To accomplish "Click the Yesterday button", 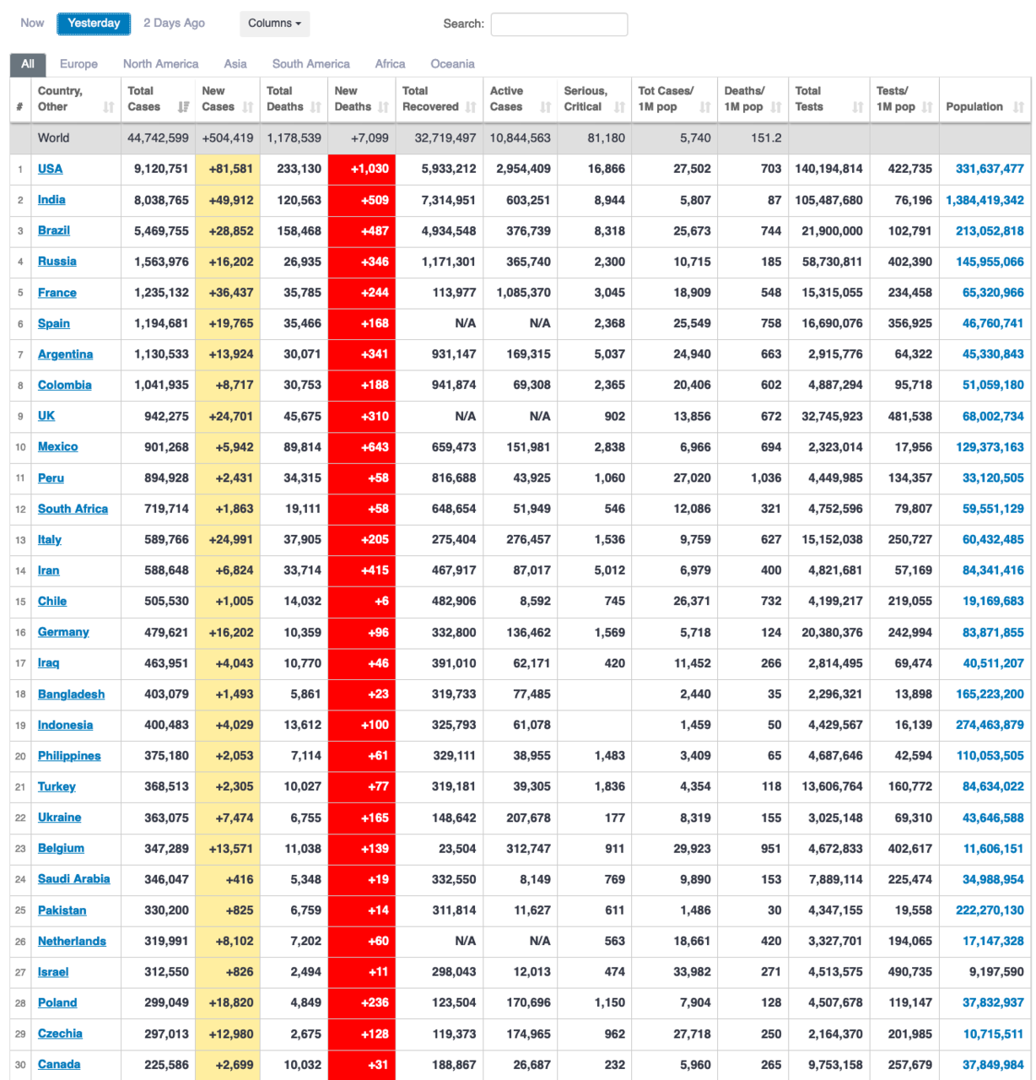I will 94,24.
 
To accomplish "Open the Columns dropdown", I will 274,24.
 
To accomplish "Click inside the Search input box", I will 558,24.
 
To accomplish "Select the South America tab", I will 310,64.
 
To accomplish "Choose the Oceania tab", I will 452,64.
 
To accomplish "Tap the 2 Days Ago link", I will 174,24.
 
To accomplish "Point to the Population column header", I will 974,107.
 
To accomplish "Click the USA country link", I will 50,169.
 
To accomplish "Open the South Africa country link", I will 73,509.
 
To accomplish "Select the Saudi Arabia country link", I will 73,879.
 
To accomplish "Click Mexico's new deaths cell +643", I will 375,447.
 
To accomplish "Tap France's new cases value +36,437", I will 231,293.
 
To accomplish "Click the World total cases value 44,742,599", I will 158,138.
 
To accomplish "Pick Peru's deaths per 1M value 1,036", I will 766,478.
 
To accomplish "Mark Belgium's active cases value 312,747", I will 528,848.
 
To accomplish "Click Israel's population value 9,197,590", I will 993,972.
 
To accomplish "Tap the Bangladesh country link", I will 71,694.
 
